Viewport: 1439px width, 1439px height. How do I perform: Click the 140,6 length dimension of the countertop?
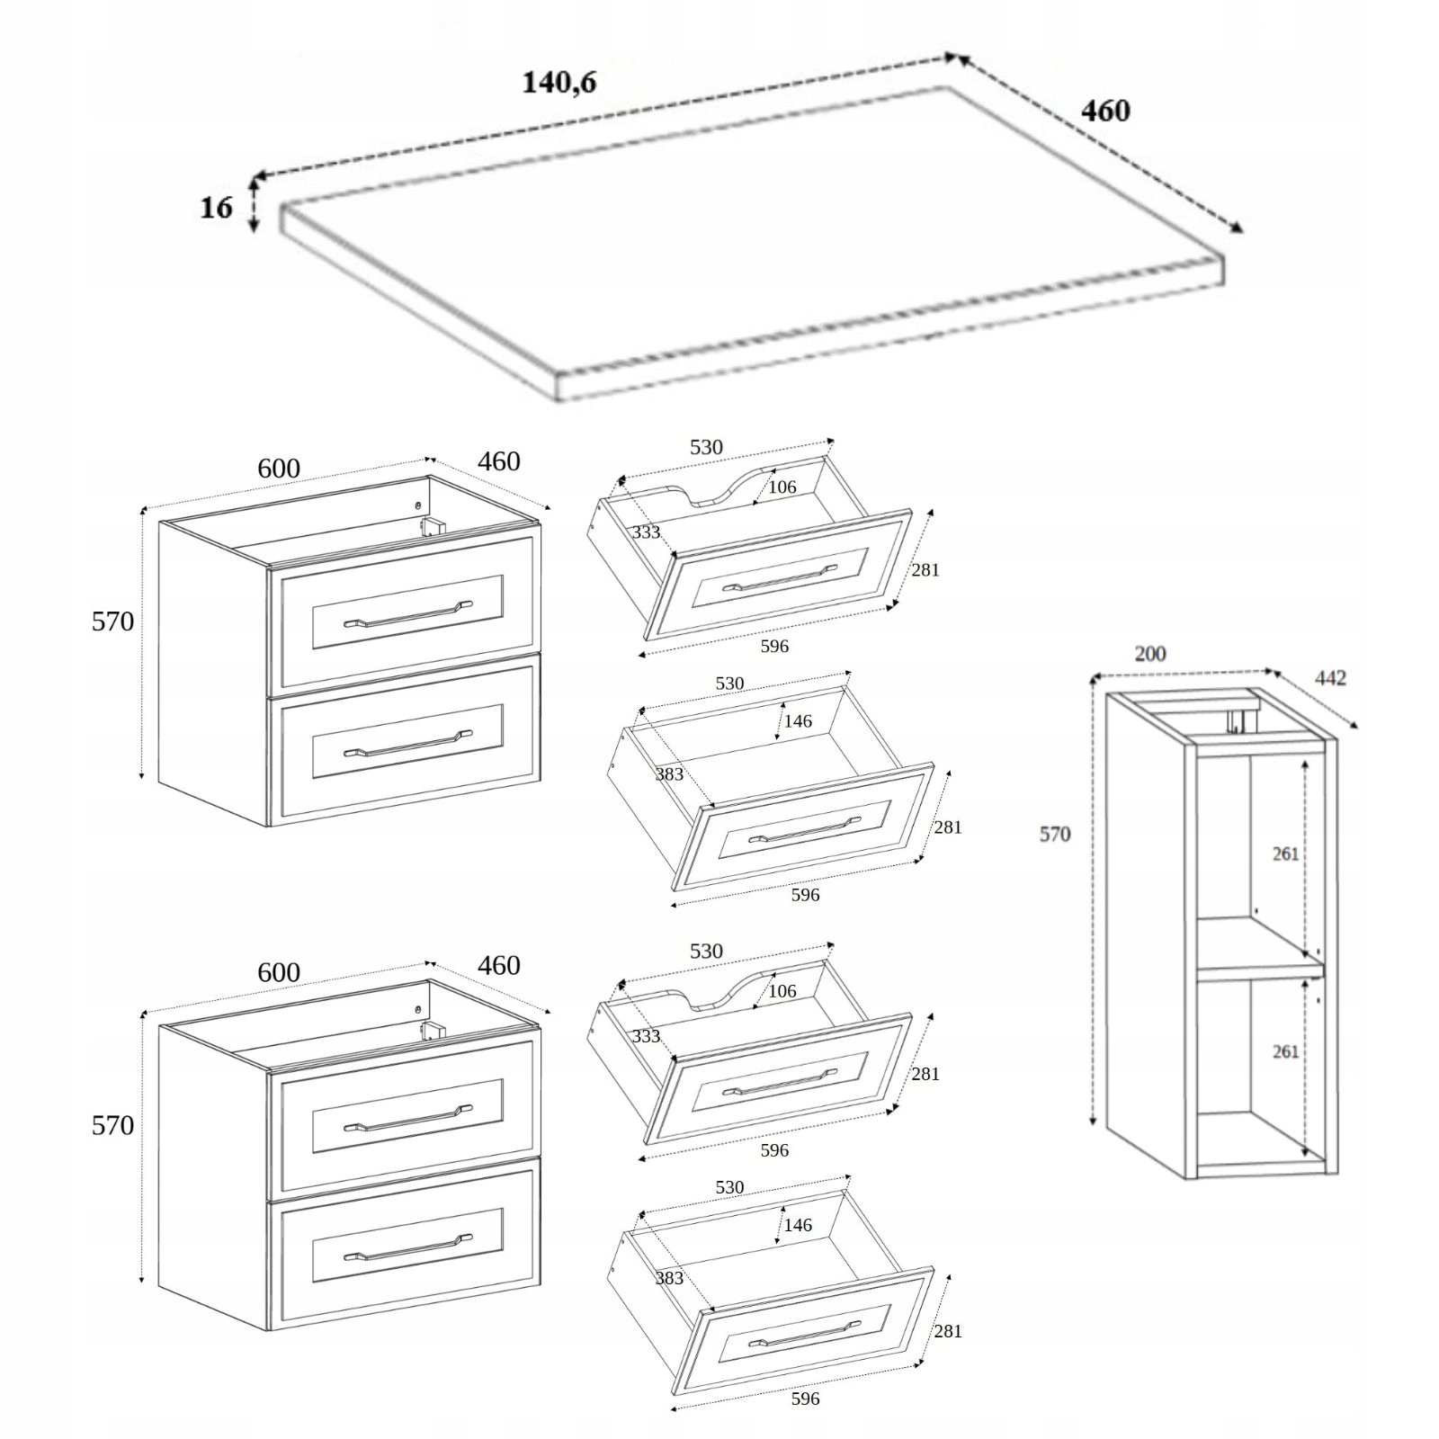559,83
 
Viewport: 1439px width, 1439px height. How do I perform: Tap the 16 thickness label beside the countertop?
216,208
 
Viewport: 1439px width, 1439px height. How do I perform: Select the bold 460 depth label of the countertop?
1104,112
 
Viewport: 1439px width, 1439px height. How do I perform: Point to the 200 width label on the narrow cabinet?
1149,654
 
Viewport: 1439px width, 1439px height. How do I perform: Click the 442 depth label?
1330,678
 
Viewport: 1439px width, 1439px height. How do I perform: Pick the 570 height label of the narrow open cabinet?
1054,835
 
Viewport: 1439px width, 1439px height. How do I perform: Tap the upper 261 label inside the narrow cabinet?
1285,854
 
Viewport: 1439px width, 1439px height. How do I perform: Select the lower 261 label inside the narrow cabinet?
1285,1051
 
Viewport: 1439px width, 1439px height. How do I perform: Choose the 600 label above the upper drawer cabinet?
279,469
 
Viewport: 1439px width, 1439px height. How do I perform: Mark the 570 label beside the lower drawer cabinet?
112,1125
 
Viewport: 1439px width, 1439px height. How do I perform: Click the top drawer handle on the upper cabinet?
407,614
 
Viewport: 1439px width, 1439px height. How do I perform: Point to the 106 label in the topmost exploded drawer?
782,487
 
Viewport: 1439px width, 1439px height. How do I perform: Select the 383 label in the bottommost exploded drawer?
669,1278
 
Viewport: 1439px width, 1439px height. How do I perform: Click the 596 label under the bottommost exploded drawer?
805,1399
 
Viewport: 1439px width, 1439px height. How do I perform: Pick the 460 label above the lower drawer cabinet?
498,965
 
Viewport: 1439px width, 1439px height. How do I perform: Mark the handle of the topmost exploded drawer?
780,577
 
